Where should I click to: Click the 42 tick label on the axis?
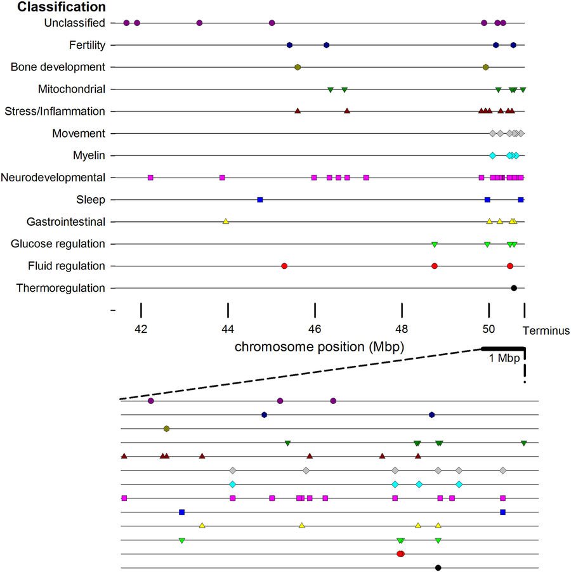coord(141,330)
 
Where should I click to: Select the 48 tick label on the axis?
coord(402,330)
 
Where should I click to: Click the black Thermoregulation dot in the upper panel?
coord(514,288)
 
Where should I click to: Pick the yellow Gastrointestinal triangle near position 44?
coord(226,221)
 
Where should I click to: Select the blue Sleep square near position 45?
coord(259,200)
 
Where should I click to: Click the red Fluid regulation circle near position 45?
coord(284,266)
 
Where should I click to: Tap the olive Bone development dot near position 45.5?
coord(298,67)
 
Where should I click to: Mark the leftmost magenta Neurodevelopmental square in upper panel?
coord(150,178)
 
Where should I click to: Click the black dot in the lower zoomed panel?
coord(438,568)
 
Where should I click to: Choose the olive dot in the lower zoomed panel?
coord(166,429)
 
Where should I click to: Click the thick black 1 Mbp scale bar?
coord(503,348)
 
